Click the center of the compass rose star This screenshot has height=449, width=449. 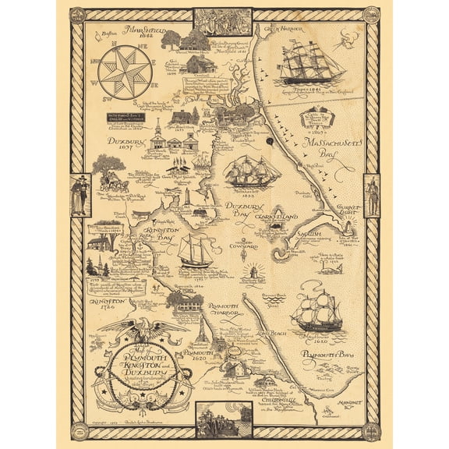coord(124,73)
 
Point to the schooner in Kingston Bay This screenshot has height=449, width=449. coord(196,250)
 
